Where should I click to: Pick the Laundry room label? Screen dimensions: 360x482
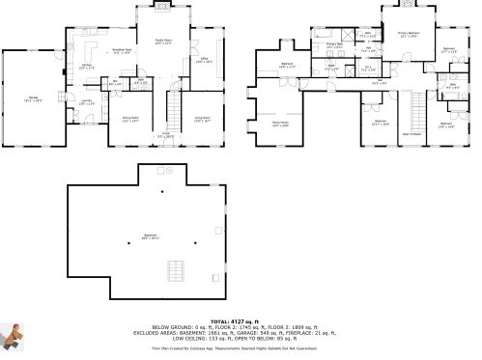pyautogui.click(x=86, y=102)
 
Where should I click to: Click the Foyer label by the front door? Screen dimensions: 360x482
pyautogui.click(x=166, y=135)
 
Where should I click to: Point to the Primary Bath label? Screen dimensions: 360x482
pyautogui.click(x=334, y=45)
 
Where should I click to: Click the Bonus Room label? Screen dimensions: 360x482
pyautogui.click(x=280, y=125)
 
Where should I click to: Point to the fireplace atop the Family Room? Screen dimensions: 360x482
pyautogui.click(x=162, y=6)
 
